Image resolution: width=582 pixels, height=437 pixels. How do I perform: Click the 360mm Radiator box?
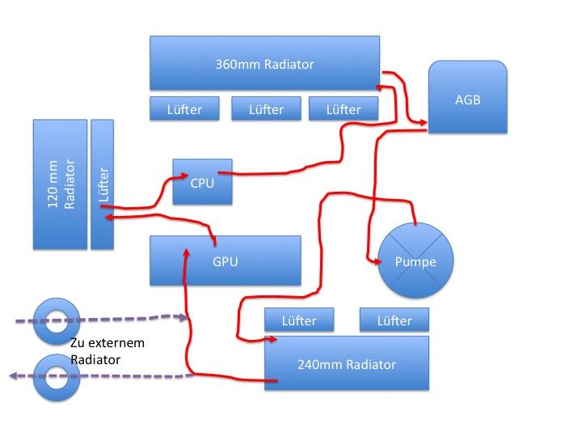click(x=264, y=62)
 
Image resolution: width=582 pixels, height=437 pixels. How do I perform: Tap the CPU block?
click(x=202, y=181)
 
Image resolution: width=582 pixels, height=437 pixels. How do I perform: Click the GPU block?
click(x=226, y=261)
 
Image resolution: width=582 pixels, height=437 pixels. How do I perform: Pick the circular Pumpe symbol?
click(x=415, y=261)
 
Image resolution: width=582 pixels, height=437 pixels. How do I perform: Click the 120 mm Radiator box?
click(x=60, y=184)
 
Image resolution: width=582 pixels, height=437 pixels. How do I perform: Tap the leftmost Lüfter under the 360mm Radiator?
click(x=186, y=108)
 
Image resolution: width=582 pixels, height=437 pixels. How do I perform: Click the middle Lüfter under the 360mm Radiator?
click(x=266, y=108)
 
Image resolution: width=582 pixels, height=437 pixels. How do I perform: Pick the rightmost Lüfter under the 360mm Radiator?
click(x=344, y=108)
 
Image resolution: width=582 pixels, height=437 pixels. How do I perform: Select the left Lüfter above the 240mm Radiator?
click(x=299, y=320)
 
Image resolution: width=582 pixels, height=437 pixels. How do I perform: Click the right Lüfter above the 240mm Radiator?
click(x=394, y=320)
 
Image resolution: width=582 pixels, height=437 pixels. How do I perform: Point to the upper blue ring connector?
click(x=57, y=320)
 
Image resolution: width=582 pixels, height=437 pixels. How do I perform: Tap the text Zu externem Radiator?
click(x=107, y=350)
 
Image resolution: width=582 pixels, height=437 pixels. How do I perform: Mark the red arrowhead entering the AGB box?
click(x=423, y=122)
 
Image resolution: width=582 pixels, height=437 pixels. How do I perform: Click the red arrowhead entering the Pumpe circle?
click(x=377, y=261)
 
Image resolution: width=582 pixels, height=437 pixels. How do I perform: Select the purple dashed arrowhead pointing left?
click(x=11, y=375)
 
